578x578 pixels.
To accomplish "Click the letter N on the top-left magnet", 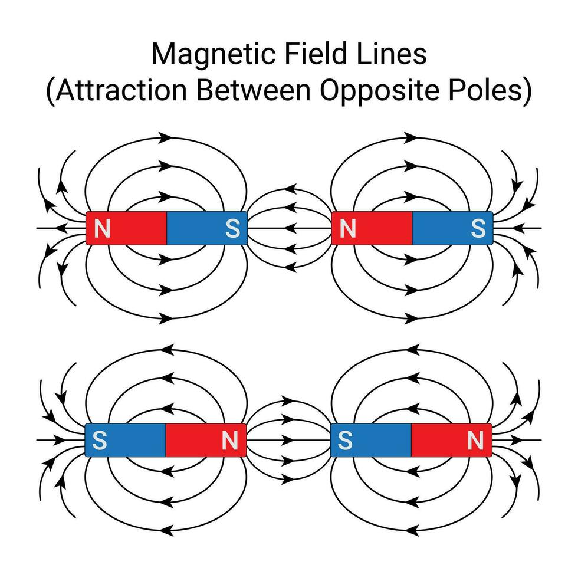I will coord(103,228).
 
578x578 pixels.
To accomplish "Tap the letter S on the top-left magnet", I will coord(232,228).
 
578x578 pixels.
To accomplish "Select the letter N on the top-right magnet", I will coord(348,228).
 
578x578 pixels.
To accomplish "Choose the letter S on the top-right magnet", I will coord(477,228).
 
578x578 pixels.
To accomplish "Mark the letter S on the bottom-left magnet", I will coord(101,440).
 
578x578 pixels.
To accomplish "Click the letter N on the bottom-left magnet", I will coord(230,440).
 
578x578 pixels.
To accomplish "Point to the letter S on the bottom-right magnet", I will coord(346,440).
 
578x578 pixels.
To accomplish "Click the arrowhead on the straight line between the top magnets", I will coord(288,228).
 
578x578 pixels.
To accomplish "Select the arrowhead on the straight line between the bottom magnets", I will coord(288,440).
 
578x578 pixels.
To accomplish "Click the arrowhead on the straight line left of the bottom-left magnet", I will coord(59,440).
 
